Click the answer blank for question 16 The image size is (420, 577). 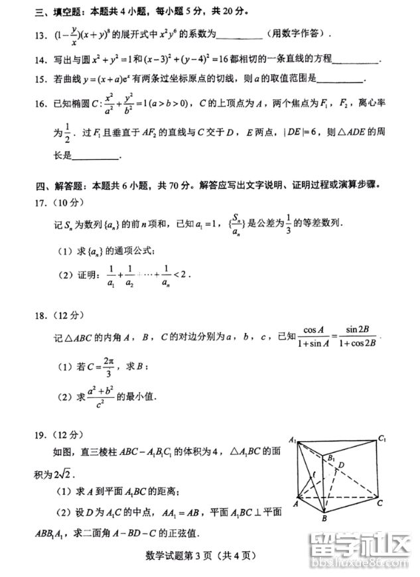pyautogui.click(x=96, y=158)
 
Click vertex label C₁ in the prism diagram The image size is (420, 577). pyautogui.click(x=382, y=438)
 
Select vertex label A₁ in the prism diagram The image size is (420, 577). pyautogui.click(x=293, y=439)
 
